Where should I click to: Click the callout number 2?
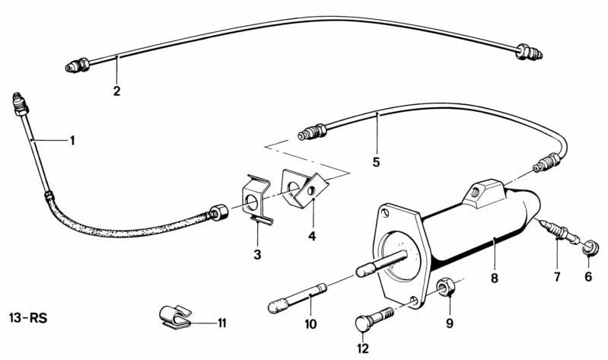tap(116, 91)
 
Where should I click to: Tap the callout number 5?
tap(376, 162)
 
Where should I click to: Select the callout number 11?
tap(221, 323)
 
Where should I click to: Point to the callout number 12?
tap(363, 349)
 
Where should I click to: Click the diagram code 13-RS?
tap(28, 318)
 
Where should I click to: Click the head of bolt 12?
tap(363, 324)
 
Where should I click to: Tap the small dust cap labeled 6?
tap(590, 248)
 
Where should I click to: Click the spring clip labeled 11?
tap(175, 316)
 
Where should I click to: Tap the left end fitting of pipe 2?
tap(78, 65)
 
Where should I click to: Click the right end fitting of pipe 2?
tap(529, 52)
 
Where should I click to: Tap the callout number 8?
tap(494, 278)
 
